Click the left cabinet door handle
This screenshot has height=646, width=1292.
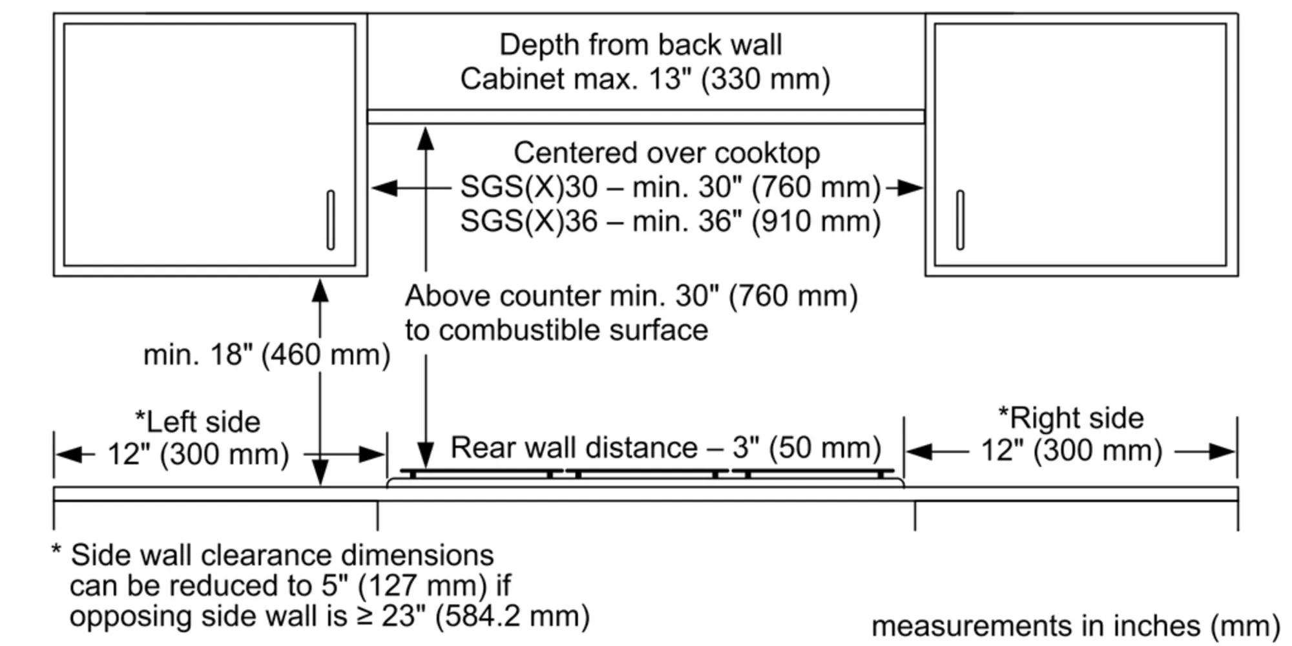tap(331, 220)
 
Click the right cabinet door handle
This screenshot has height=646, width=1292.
tap(960, 220)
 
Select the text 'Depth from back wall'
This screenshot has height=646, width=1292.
tap(640, 45)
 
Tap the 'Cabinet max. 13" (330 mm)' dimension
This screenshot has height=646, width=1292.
tap(645, 79)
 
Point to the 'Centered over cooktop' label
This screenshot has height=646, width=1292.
tap(667, 154)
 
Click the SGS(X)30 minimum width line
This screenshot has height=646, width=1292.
tap(670, 187)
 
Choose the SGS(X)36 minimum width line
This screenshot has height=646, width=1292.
tap(670, 222)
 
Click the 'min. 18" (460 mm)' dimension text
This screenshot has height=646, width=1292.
tap(266, 355)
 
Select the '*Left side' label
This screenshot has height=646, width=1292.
tap(198, 422)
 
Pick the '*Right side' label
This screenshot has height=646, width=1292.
tap(1071, 418)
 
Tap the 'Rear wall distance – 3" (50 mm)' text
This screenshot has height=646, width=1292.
tap(665, 448)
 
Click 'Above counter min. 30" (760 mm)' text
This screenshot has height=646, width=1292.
tap(630, 297)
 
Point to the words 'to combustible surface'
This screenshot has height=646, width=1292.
tap(556, 330)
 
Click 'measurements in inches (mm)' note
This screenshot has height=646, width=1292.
tap(1075, 626)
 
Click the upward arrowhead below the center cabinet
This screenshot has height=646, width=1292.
tap(425, 138)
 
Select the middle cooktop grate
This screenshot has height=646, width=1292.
tap(647, 472)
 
